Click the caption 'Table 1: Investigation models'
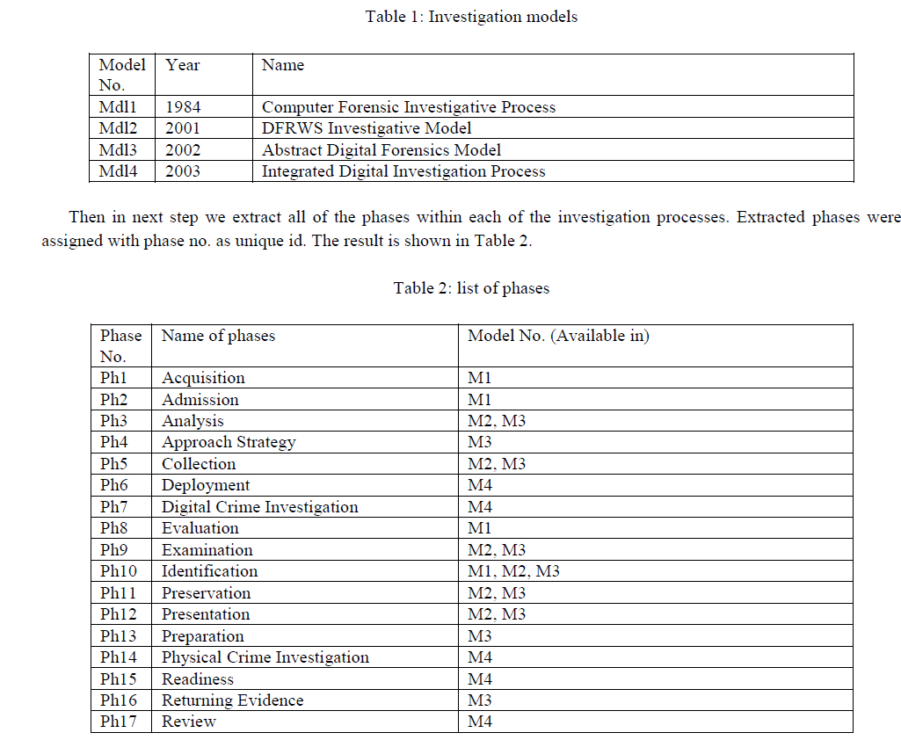click(x=471, y=17)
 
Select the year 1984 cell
click(x=183, y=107)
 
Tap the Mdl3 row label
click(x=118, y=150)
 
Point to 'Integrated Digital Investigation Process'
click(x=403, y=171)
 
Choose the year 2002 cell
click(x=183, y=150)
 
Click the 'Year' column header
click(x=183, y=65)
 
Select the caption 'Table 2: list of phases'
click(x=471, y=287)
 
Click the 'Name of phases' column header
click(x=218, y=336)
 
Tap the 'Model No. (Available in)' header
click(x=558, y=336)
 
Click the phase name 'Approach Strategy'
click(x=229, y=442)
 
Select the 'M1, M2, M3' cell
click(x=513, y=571)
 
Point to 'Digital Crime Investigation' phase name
click(x=260, y=507)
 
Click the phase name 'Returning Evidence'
click(x=233, y=700)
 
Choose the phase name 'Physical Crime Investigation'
click(x=265, y=657)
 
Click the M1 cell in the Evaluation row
click(x=480, y=528)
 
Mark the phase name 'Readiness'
click(x=198, y=679)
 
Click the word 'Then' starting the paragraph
click(x=86, y=217)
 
